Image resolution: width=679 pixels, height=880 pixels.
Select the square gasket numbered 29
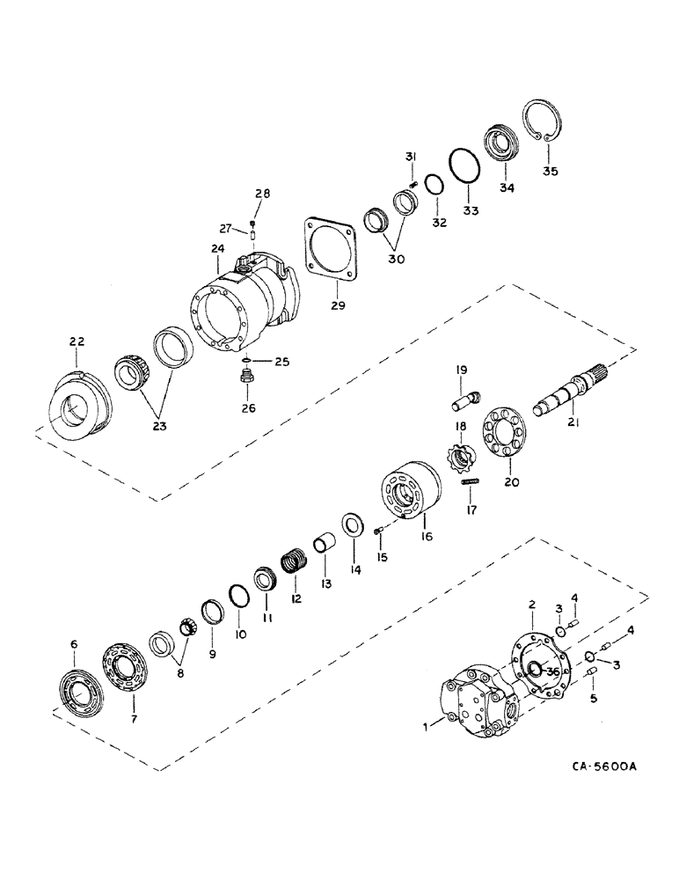click(335, 254)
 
